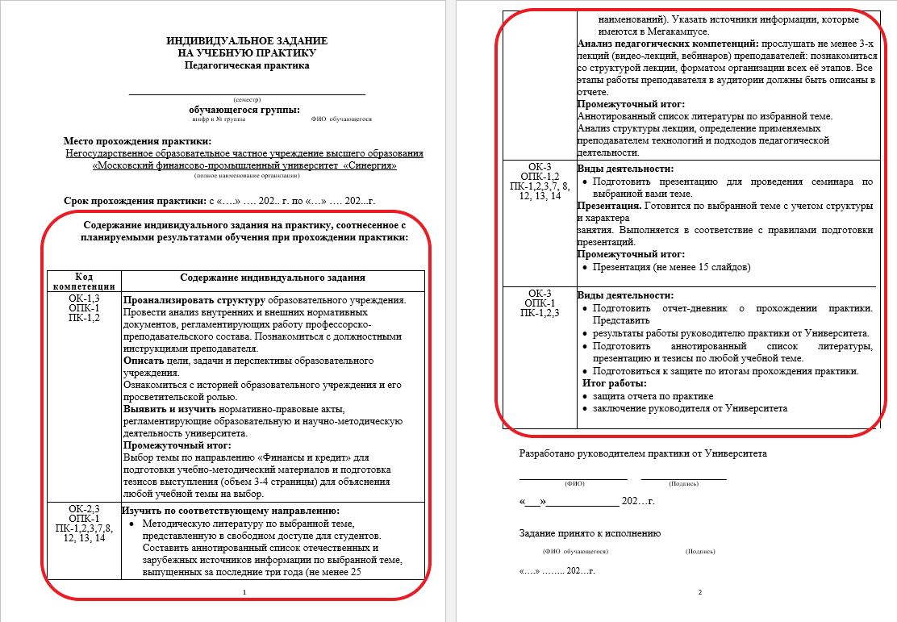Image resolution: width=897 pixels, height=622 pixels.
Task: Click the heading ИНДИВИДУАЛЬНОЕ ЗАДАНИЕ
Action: click(247, 40)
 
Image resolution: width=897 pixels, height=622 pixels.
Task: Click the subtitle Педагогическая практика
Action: click(247, 65)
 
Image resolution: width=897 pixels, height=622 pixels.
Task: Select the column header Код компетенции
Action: click(84, 281)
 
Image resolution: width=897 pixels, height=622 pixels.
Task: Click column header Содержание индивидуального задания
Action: click(273, 278)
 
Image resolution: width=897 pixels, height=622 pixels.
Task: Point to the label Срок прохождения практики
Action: click(134, 200)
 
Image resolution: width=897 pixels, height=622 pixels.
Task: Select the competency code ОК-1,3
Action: click(84, 298)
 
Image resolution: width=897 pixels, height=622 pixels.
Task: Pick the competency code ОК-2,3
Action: click(84, 508)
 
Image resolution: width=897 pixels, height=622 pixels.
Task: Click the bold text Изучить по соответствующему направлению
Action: click(231, 511)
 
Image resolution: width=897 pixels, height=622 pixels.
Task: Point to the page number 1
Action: click(244, 593)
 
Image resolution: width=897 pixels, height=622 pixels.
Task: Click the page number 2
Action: click(699, 593)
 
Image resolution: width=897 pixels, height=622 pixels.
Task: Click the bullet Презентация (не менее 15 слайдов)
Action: click(671, 266)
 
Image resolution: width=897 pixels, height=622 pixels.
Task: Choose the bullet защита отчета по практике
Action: click(653, 396)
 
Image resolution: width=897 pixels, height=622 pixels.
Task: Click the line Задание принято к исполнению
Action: click(590, 533)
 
